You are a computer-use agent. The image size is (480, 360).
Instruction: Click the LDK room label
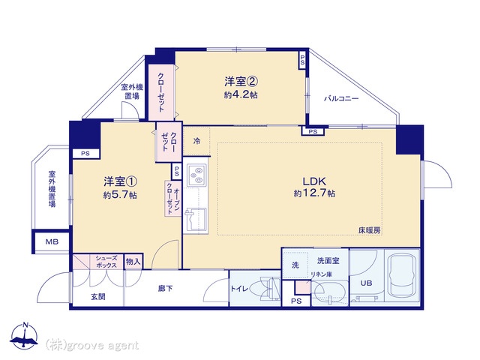(x=314, y=181)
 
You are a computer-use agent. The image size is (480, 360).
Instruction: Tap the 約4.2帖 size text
(x=241, y=94)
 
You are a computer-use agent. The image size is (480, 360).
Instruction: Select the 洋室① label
(x=120, y=181)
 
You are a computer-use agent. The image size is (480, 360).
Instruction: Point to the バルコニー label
(x=341, y=98)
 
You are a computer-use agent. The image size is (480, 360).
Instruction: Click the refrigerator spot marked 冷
(x=196, y=141)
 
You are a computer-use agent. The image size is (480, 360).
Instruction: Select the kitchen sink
(x=196, y=219)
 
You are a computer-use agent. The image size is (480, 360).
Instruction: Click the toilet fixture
(x=265, y=288)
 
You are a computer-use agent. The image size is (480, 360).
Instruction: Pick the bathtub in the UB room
(x=402, y=276)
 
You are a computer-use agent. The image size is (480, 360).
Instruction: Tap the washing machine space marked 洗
(x=295, y=265)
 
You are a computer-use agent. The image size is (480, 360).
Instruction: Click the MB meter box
(x=52, y=241)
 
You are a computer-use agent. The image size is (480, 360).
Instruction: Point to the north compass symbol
(x=25, y=335)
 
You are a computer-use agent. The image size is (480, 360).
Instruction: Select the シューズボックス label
(x=106, y=262)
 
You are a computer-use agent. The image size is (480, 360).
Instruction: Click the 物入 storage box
(x=133, y=262)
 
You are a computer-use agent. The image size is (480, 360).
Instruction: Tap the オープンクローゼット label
(x=173, y=199)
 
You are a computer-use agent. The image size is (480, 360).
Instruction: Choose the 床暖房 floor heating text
(x=370, y=230)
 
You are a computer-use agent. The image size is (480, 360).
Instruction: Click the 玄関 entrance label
(x=98, y=297)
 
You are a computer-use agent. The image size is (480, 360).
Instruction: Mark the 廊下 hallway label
(x=165, y=288)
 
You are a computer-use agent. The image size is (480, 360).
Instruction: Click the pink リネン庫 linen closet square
(x=302, y=287)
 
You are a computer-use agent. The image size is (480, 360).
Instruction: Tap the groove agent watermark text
(x=92, y=346)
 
